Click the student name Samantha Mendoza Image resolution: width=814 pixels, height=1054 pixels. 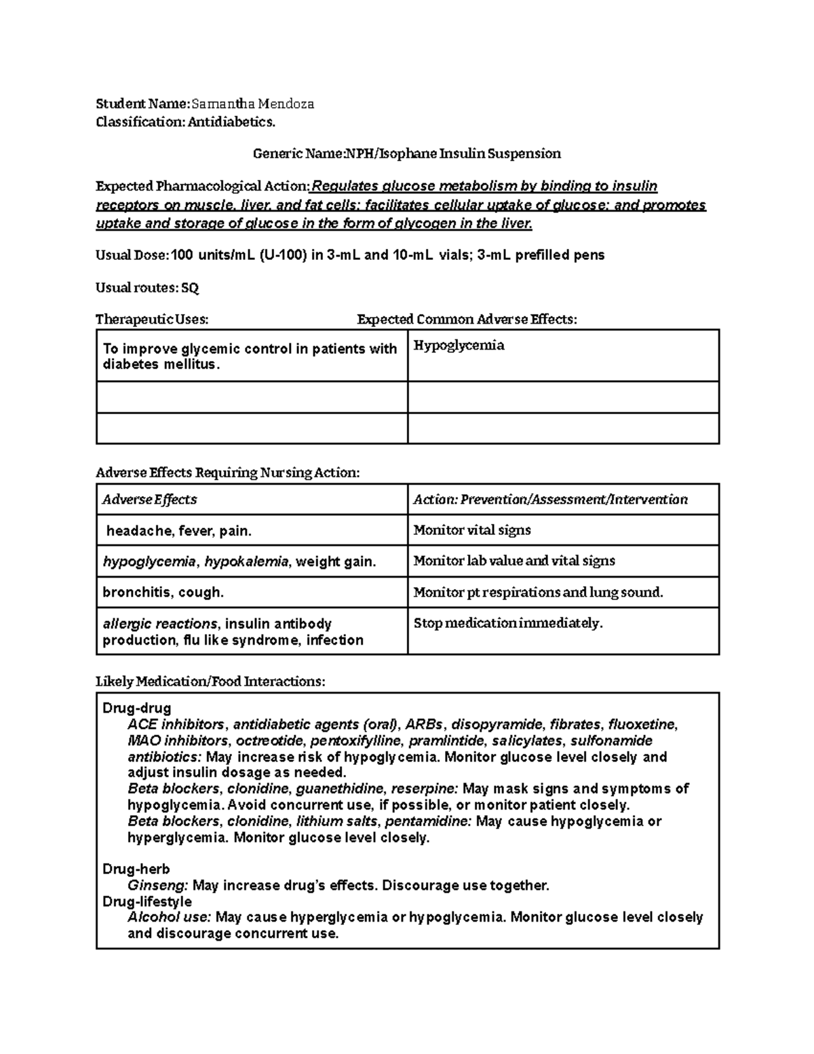(252, 104)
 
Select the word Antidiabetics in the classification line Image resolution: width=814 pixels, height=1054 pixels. (231, 122)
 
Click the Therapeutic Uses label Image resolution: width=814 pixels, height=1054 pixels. (152, 319)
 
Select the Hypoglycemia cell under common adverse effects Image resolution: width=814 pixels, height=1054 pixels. (459, 345)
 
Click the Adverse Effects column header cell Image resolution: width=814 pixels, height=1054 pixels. (149, 500)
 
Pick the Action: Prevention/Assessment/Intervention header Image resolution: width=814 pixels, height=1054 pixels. (550, 500)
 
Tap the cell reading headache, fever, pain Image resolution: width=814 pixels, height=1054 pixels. (178, 531)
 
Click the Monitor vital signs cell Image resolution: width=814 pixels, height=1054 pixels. (472, 530)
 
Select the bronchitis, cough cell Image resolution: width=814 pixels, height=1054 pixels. (163, 592)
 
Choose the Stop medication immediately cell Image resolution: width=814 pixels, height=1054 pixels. (507, 623)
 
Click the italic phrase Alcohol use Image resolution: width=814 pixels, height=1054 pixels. (170, 917)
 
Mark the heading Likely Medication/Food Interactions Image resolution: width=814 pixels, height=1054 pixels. (210, 681)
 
